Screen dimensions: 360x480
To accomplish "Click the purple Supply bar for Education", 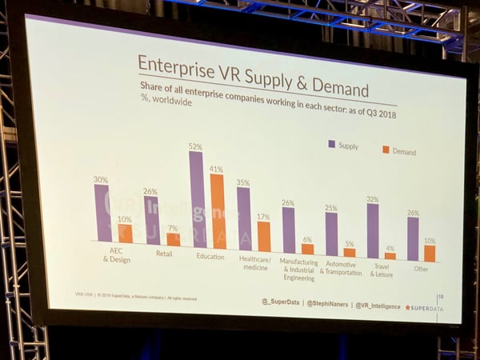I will [x=197, y=199].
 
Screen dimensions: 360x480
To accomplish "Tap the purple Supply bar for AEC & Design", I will [x=102, y=213].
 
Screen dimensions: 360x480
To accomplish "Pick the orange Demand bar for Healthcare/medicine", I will [x=263, y=236].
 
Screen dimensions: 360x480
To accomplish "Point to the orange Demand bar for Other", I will [x=430, y=253].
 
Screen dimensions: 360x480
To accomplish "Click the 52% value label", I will [x=195, y=146].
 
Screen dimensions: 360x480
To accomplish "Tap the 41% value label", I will [x=217, y=170].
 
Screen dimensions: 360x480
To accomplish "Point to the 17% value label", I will [x=263, y=216].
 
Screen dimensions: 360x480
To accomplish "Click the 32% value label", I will [x=372, y=198].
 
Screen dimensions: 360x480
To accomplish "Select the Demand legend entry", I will [x=398, y=151].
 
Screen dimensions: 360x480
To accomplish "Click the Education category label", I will [x=210, y=257].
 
